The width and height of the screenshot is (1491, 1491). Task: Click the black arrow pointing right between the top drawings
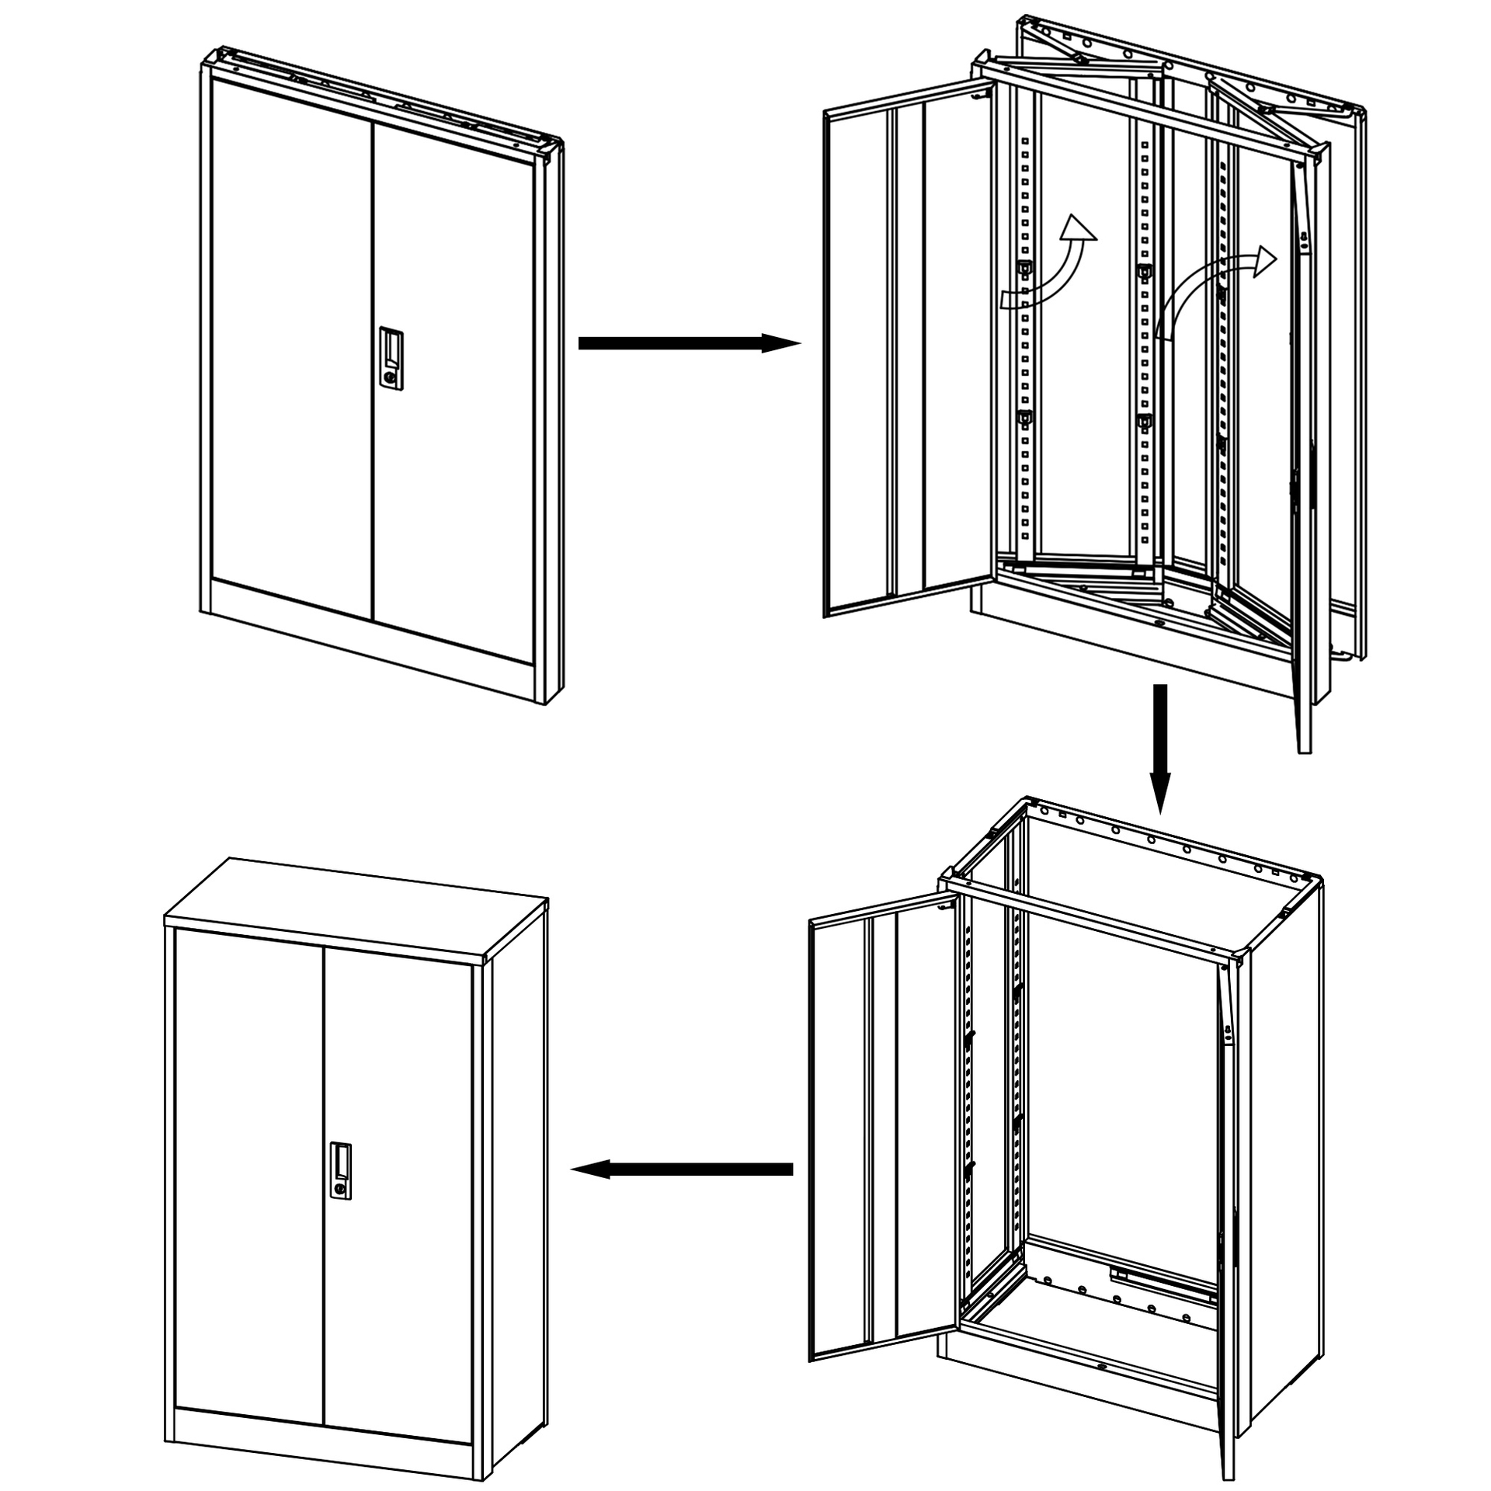[688, 343]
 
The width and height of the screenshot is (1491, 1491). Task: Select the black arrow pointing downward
[1159, 745]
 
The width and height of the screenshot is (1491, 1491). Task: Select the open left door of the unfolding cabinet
[905, 357]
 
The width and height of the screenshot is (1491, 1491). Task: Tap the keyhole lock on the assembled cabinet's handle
[340, 1189]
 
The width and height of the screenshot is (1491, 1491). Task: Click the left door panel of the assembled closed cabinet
[248, 1149]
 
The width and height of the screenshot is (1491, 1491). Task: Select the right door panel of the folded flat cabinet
[454, 388]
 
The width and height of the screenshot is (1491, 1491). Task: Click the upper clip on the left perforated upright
[1024, 269]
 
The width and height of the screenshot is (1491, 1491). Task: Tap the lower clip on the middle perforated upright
[1143, 422]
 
